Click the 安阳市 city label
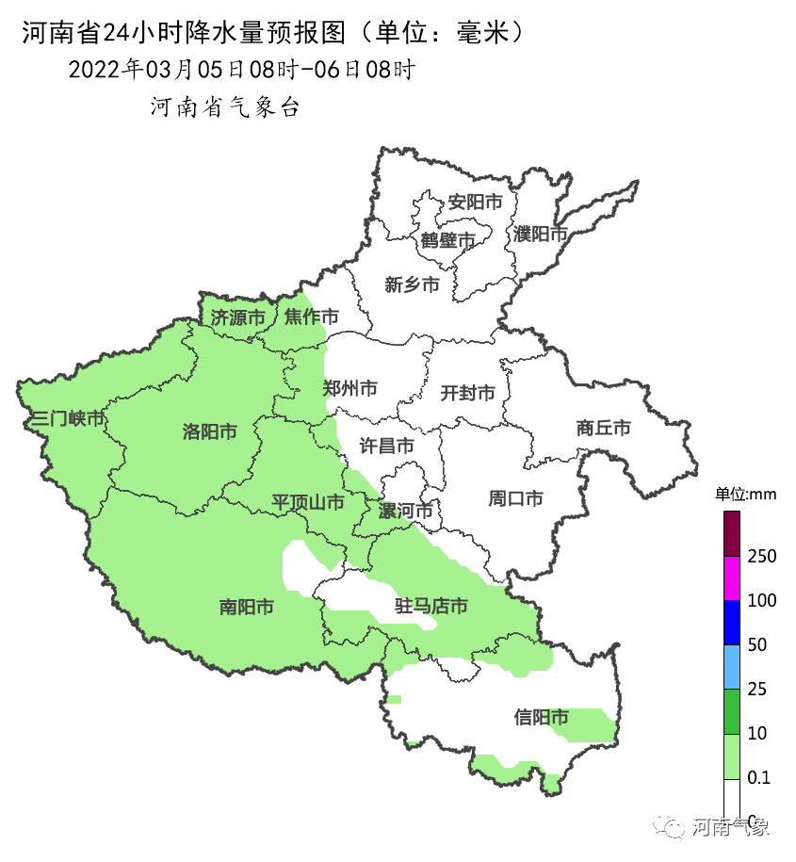tap(475, 202)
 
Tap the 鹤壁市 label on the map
tap(447, 241)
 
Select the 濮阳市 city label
tap(541, 234)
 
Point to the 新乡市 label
tap(412, 285)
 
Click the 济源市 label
tap(237, 317)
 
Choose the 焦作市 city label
tap(312, 317)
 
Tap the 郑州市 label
tap(350, 388)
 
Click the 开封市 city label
tap(467, 393)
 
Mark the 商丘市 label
tap(603, 428)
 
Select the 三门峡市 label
tap(67, 419)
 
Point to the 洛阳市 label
tap(209, 431)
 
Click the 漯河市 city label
tap(405, 512)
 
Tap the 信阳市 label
tap(542, 718)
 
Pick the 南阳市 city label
tap(246, 608)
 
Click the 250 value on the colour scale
tap(761, 557)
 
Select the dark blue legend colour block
tap(732, 623)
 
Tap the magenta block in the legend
tap(732, 578)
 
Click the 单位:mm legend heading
tap(744, 494)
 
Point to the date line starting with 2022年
tap(241, 70)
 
